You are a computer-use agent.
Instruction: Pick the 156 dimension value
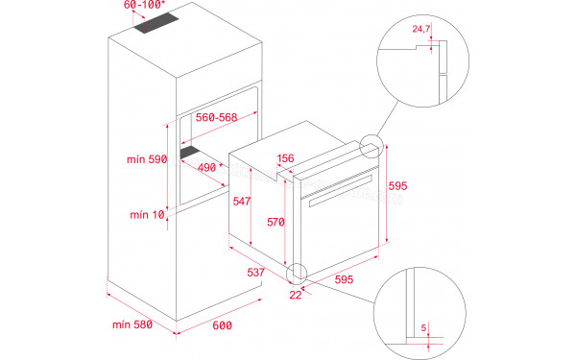pos(286,158)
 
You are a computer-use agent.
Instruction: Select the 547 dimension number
pos(242,202)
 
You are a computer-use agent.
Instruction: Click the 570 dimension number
pos(276,222)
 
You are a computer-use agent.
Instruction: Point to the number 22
pos(295,294)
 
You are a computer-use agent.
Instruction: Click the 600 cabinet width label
pos(222,326)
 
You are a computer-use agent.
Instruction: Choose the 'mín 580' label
pos(132,324)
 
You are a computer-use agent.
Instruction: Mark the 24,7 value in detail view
pos(419,31)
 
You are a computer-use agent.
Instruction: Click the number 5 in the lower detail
pos(422,326)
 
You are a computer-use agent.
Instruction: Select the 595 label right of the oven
pos(395,186)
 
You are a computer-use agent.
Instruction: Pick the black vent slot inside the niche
pos(197,153)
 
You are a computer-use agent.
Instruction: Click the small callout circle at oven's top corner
pos(370,146)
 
